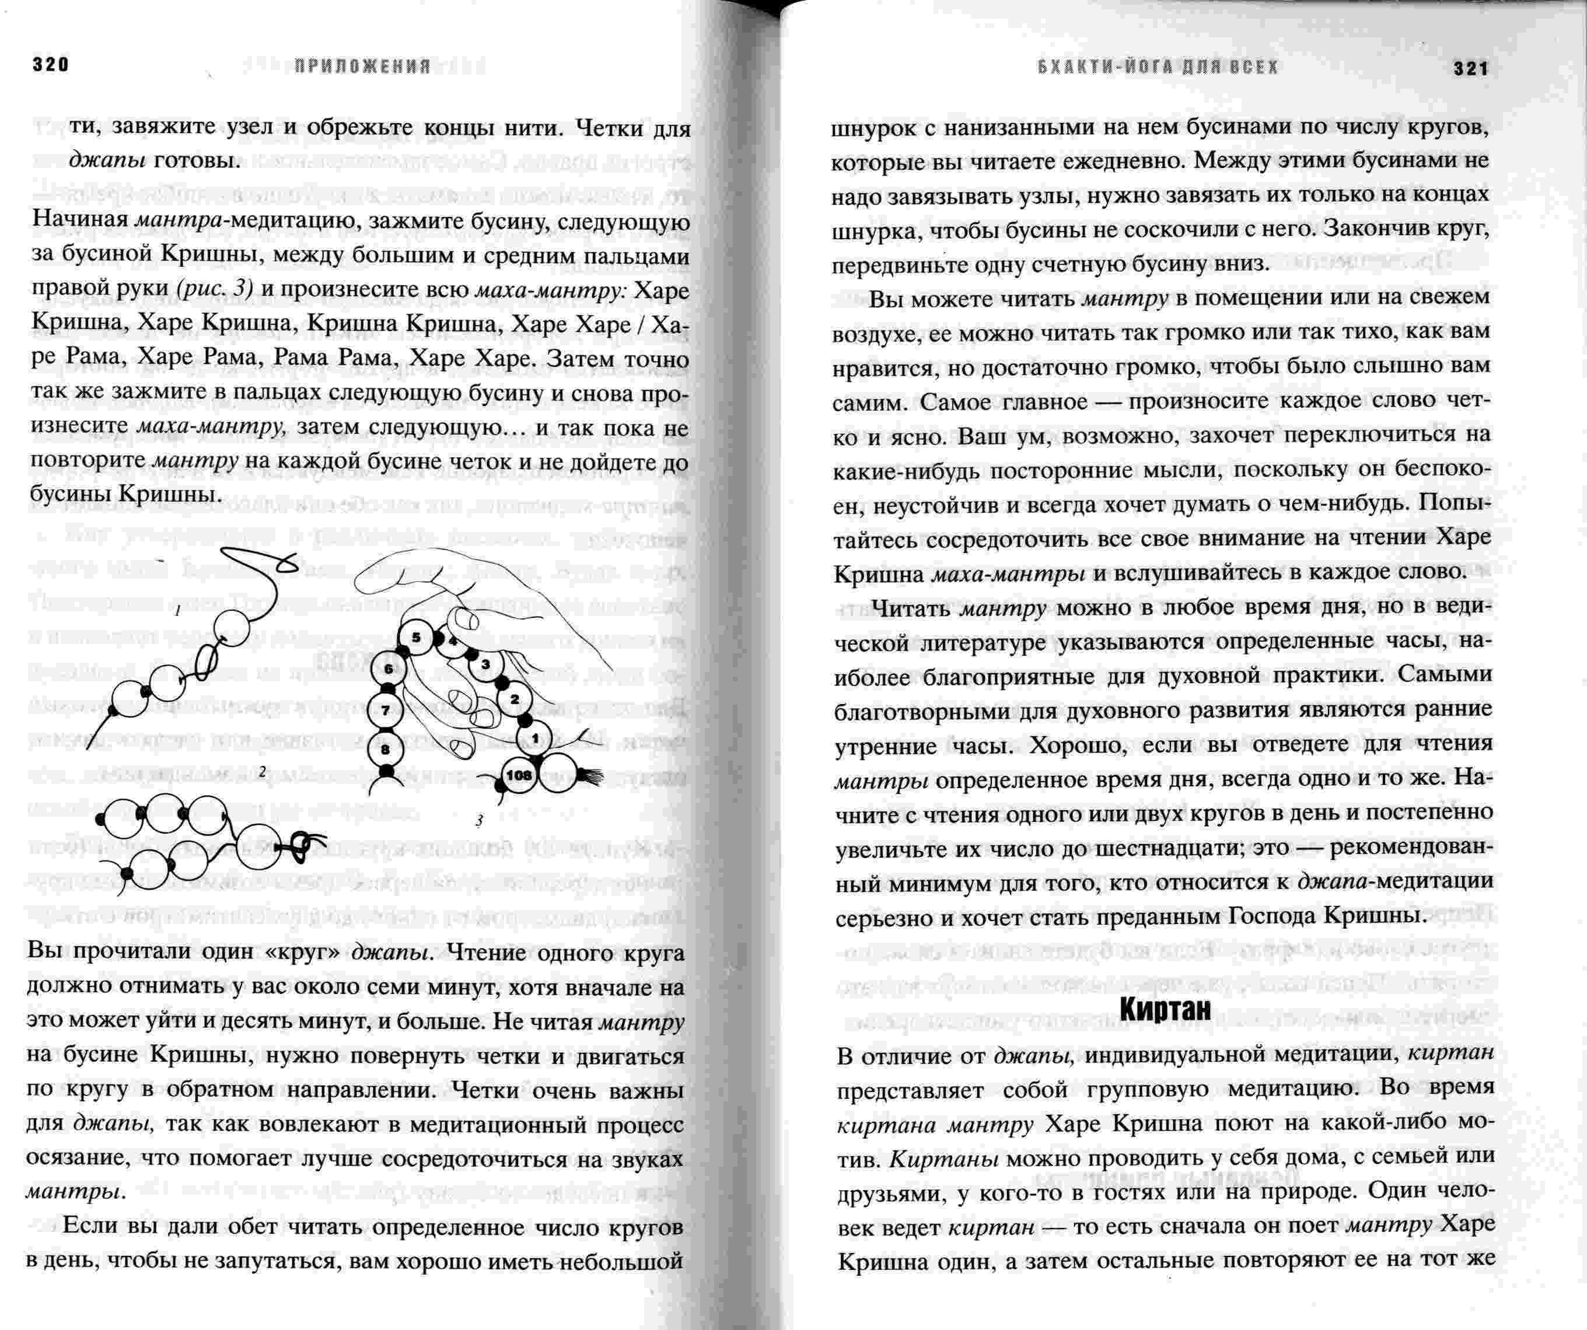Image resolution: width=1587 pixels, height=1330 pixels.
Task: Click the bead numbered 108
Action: click(519, 775)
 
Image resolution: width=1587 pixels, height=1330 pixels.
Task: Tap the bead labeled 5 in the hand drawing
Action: click(415, 638)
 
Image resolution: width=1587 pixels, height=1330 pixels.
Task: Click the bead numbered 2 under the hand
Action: click(515, 699)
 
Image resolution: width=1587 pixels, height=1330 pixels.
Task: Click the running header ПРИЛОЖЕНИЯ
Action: click(363, 66)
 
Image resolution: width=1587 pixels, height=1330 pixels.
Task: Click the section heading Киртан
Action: click(1165, 1009)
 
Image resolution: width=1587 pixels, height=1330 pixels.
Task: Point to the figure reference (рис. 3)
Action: click(215, 289)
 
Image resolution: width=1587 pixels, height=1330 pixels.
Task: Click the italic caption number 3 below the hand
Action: click(479, 820)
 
